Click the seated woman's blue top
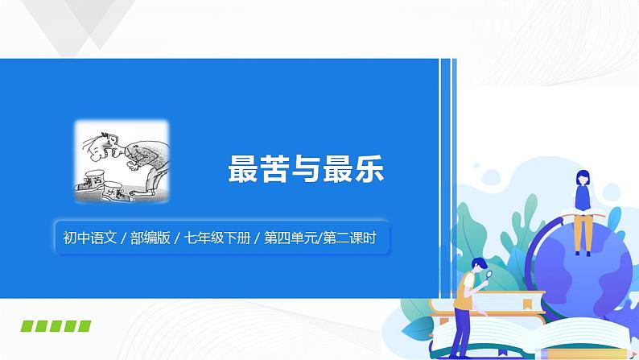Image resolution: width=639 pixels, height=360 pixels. [x=581, y=195]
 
